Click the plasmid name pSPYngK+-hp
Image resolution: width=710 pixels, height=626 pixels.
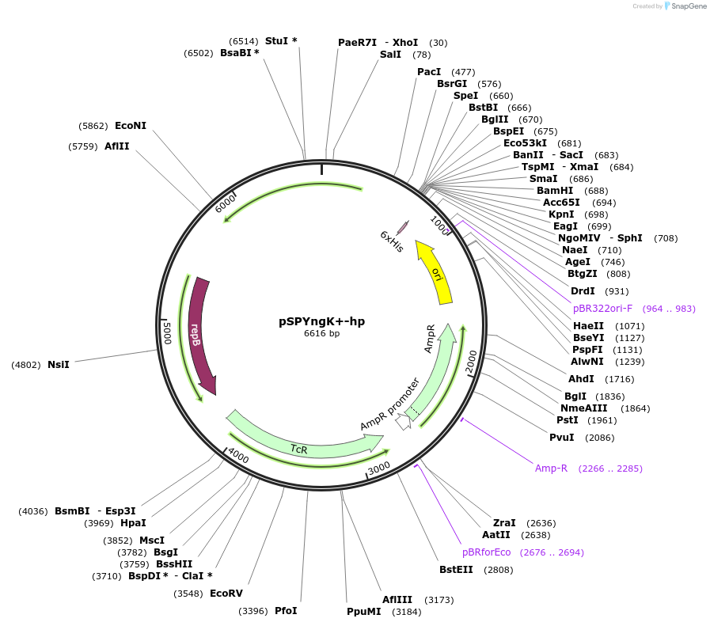coord(321,321)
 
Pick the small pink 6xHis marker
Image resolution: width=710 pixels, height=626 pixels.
coord(402,228)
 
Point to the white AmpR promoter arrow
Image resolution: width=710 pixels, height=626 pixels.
coord(404,422)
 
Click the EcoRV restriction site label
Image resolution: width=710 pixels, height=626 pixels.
coord(226,593)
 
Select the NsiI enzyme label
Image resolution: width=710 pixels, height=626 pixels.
coord(59,365)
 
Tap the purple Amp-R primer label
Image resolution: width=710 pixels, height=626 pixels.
coord(551,469)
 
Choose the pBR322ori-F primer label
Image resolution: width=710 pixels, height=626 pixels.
coord(602,309)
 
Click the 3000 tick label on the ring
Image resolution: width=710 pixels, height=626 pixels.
coord(380,468)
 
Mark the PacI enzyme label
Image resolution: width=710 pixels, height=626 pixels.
coord(429,72)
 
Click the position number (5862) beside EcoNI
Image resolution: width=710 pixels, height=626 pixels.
coord(93,126)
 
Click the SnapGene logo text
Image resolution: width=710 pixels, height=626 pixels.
coord(685,6)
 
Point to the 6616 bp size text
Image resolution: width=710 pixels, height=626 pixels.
coord(321,334)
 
